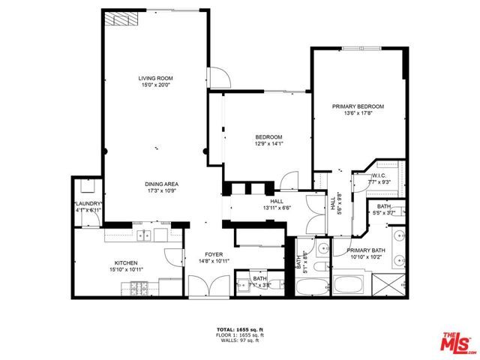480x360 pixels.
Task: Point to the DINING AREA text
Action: pos(161,184)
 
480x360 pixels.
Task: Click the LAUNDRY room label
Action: pos(88,204)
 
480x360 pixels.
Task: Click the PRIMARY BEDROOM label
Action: pos(358,106)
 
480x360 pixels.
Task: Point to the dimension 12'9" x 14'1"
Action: pos(268,143)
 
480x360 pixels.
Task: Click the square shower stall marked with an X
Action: pos(391,285)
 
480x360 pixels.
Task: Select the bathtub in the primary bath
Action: pos(348,285)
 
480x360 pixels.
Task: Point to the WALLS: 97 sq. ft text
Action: pos(240,340)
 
